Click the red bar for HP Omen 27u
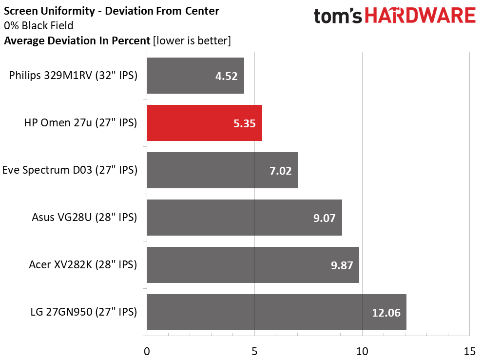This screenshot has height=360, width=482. tap(204, 123)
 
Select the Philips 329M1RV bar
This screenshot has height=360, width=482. tap(195, 76)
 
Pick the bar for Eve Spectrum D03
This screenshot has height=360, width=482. tap(222, 170)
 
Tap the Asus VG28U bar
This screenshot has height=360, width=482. tap(244, 218)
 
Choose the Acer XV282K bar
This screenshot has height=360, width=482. tap(252, 265)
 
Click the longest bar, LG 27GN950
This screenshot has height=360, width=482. tap(276, 312)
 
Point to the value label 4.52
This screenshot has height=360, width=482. tap(226, 76)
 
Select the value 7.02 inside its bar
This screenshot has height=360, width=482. tap(280, 171)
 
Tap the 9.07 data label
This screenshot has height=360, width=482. tap(325, 218)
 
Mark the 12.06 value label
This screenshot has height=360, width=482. tap(386, 313)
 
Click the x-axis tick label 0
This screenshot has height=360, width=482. tap(147, 351)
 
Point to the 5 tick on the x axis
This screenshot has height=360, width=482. tap(254, 351)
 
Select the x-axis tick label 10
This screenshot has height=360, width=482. tap(362, 351)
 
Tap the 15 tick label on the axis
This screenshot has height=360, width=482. tap(469, 351)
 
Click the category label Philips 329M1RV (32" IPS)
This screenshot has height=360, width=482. tap(73, 76)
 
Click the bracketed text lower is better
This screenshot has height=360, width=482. tap(192, 41)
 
